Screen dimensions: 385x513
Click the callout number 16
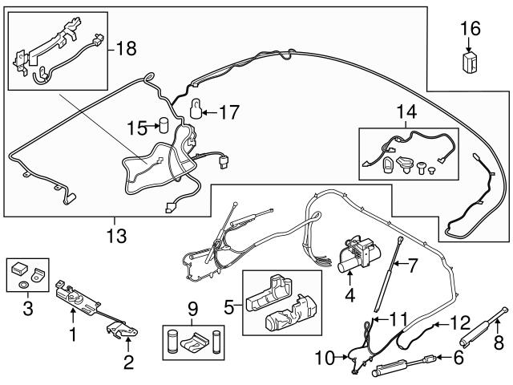tap(471, 30)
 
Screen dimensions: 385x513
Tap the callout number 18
tap(126, 49)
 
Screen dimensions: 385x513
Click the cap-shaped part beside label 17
tap(195, 107)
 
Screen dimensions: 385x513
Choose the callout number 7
tap(414, 264)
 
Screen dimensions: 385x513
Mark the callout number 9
tap(192, 308)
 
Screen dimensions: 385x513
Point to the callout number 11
tap(398, 319)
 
